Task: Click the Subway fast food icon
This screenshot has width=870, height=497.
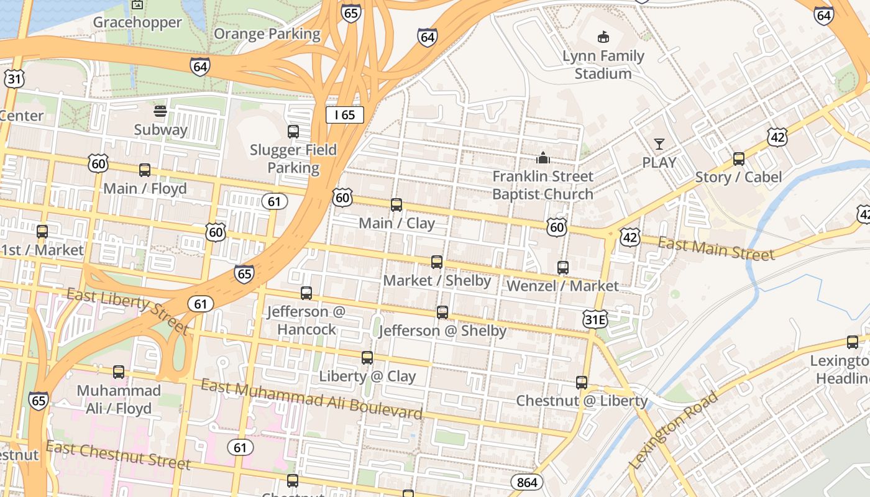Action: pos(160,111)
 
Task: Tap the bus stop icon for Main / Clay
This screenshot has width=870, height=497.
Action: pos(396,204)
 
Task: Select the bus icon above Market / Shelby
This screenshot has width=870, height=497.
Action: pos(437,262)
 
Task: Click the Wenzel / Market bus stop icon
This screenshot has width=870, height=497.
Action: pos(563,267)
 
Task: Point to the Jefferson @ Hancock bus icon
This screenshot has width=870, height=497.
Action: pos(306,293)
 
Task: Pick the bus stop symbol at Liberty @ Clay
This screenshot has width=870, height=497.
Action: pos(367,357)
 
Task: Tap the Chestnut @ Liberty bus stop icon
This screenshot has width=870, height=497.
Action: pos(582,382)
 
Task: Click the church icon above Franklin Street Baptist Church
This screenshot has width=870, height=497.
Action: pos(543,158)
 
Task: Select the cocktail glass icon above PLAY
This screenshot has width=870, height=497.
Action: pos(659,144)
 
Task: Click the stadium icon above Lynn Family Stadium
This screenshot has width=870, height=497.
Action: pos(603,37)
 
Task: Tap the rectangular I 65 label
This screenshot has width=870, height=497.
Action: pos(344,114)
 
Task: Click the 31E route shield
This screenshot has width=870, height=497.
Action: pos(595,319)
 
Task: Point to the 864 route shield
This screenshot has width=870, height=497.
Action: pos(527,482)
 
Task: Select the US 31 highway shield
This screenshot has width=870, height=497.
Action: pos(14,78)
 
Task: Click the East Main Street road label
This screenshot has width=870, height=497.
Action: pos(716,248)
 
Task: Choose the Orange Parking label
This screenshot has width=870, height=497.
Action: pos(267,34)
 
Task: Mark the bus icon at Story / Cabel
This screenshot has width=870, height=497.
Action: pos(738,158)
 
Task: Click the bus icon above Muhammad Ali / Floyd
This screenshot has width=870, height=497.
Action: pos(119,372)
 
